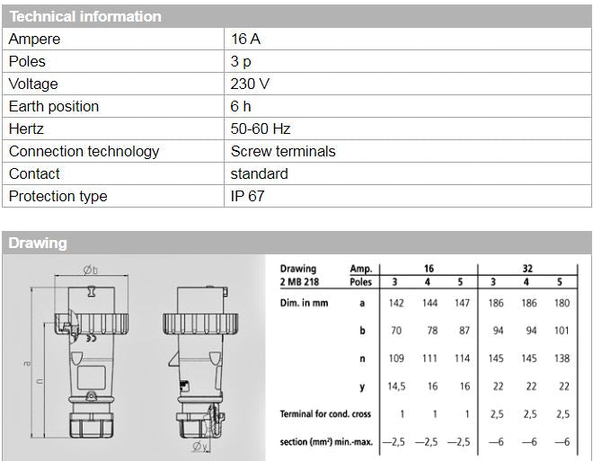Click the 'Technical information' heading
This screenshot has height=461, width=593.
pos(85,16)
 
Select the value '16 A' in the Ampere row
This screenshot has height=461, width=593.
pos(245,40)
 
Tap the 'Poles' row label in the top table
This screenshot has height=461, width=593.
pos(27,62)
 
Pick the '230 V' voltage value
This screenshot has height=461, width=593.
pos(250,84)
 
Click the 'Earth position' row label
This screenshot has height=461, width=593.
pos(54,107)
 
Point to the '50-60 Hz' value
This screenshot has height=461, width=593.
pos(261,129)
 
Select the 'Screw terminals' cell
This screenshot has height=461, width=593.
pos(283,152)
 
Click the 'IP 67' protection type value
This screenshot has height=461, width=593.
pos(248,197)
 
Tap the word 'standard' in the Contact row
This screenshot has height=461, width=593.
pos(260,174)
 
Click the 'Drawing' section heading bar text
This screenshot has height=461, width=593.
pos(38,243)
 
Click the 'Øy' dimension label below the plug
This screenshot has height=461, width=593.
pos(200,447)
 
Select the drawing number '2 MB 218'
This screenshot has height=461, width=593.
pos(300,281)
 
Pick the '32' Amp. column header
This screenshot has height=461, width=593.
pos(528,268)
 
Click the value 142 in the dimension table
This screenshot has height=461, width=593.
pos(396,304)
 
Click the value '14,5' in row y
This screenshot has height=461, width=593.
pos(396,386)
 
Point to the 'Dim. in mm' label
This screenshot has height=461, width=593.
pos(305,304)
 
